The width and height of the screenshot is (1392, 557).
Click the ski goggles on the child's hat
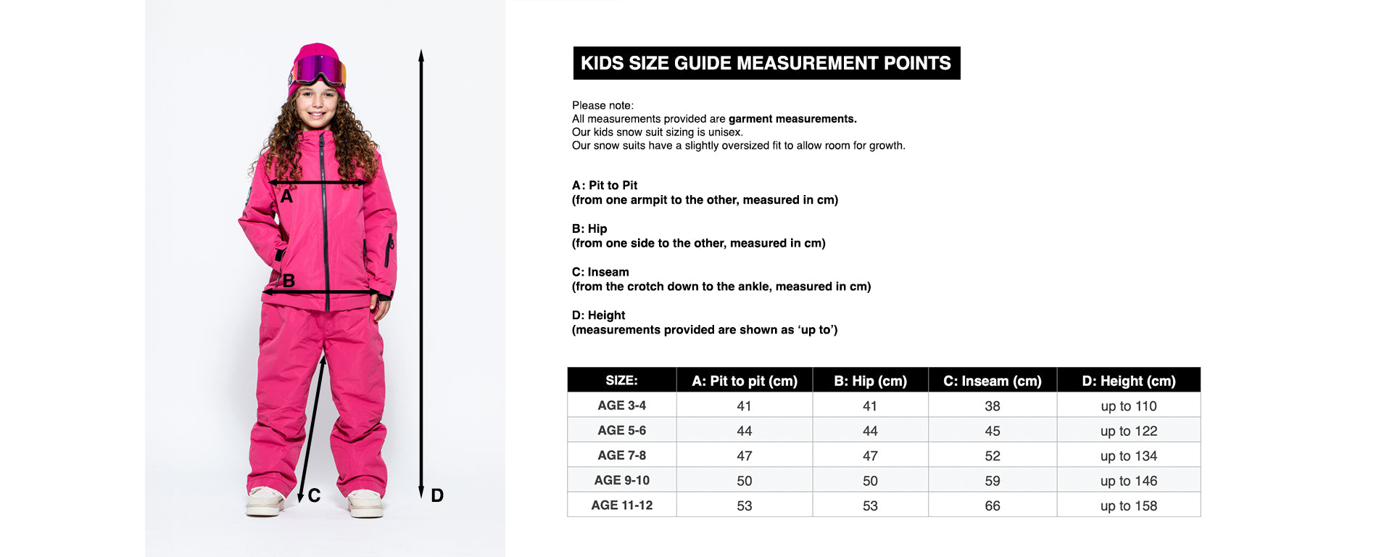click(319, 70)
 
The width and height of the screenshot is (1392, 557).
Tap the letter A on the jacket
click(286, 197)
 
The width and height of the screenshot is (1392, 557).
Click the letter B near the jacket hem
click(289, 281)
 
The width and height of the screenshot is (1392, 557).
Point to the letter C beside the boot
click(314, 495)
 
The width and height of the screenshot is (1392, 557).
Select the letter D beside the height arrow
click(437, 495)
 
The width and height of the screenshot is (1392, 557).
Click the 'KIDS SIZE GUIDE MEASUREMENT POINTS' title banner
click(766, 63)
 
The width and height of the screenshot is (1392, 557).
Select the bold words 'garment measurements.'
click(792, 119)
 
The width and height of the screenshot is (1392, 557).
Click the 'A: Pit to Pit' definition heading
click(605, 185)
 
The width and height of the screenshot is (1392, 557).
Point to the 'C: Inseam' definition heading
click(600, 272)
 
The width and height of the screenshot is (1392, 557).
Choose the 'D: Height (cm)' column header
click(1128, 381)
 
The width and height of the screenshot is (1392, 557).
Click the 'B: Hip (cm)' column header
click(870, 381)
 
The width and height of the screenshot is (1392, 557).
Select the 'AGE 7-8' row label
click(621, 455)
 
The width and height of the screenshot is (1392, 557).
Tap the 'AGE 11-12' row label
click(621, 506)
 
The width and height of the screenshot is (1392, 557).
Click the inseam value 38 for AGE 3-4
click(992, 406)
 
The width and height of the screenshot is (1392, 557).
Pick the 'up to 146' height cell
click(1128, 481)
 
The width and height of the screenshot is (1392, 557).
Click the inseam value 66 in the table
click(992, 506)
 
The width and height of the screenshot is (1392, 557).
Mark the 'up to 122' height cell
click(1128, 431)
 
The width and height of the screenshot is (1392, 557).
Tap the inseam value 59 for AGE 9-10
click(992, 481)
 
